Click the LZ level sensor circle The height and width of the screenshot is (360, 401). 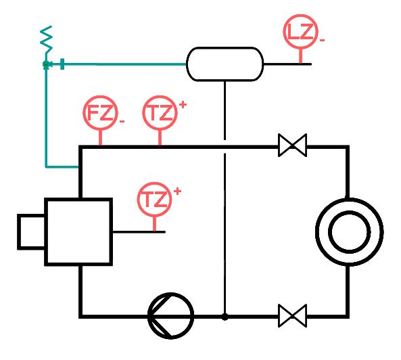pos(300,32)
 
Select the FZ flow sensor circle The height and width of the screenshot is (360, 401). pos(100,113)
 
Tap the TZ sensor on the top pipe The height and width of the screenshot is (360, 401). pos(160,113)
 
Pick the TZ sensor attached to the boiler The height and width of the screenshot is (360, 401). pos(154,200)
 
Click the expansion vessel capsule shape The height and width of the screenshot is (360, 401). pos(225,64)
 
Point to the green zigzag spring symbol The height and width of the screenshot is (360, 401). pos(46,40)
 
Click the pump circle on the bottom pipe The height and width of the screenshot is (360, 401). pos(170,316)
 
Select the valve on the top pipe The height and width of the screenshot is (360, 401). pos(292,145)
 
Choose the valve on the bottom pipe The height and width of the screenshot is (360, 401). pos(292,316)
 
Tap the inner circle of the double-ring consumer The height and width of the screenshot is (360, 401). pos(350,232)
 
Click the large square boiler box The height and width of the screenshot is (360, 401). pos(78,232)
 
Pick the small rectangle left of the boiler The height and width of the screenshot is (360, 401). pos(31,232)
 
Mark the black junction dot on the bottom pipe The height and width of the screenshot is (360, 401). pos(225,317)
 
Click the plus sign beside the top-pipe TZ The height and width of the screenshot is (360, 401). pos(183,105)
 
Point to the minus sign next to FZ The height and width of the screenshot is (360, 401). pos(122,121)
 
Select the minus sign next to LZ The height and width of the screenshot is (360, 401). pos(322,40)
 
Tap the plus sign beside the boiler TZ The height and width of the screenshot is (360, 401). pos(177,191)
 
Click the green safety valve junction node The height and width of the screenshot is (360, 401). pos(46,64)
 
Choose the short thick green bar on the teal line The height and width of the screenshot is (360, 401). pos(62,64)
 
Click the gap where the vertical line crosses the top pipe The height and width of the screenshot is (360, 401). pos(225,147)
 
